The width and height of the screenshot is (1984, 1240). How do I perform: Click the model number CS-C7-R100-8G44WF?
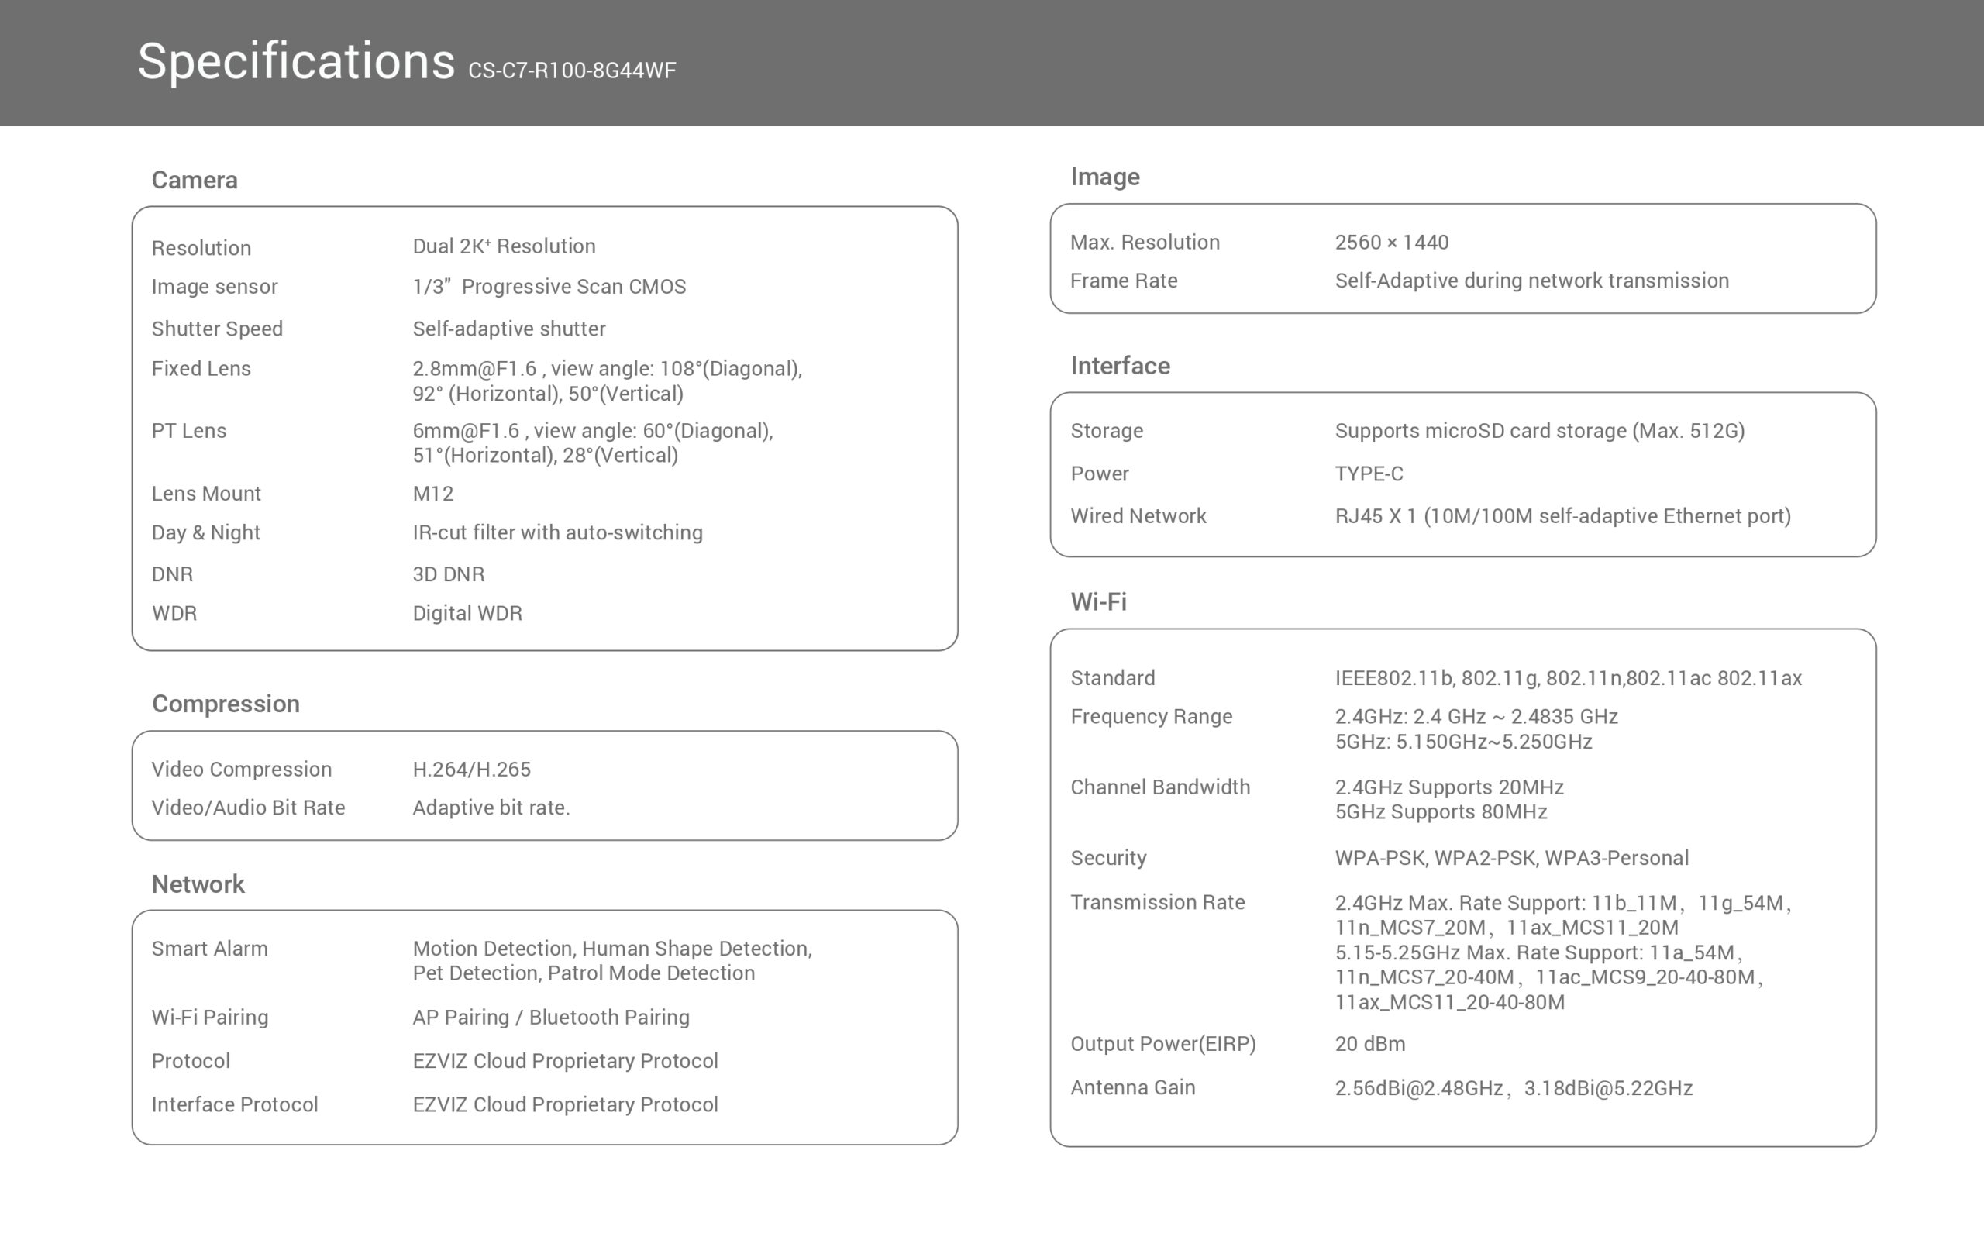click(571, 71)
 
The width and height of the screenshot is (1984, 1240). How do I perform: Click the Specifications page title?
click(296, 61)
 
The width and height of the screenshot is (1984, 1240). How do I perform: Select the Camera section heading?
click(195, 180)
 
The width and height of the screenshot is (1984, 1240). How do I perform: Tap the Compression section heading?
click(226, 704)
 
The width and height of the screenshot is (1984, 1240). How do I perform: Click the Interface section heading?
click(1120, 366)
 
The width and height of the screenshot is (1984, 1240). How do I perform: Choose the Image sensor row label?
click(214, 286)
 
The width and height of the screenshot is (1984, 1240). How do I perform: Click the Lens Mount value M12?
click(433, 493)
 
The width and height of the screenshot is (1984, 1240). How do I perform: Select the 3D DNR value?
click(449, 574)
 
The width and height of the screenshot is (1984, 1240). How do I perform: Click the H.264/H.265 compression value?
click(471, 770)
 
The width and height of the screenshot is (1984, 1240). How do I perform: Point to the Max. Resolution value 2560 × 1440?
click(1391, 242)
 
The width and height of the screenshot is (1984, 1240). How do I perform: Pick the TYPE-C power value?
click(1369, 474)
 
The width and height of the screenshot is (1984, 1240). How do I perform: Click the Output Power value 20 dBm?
click(1369, 1043)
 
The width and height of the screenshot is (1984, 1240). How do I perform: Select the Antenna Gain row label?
click(1132, 1087)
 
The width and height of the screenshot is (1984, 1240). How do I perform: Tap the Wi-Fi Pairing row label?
click(210, 1017)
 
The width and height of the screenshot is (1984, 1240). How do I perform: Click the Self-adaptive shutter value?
click(509, 329)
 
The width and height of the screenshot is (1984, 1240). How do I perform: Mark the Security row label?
click(1108, 858)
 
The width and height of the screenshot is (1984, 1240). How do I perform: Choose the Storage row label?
click(1106, 431)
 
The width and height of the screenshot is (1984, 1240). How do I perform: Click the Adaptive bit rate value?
click(491, 808)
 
